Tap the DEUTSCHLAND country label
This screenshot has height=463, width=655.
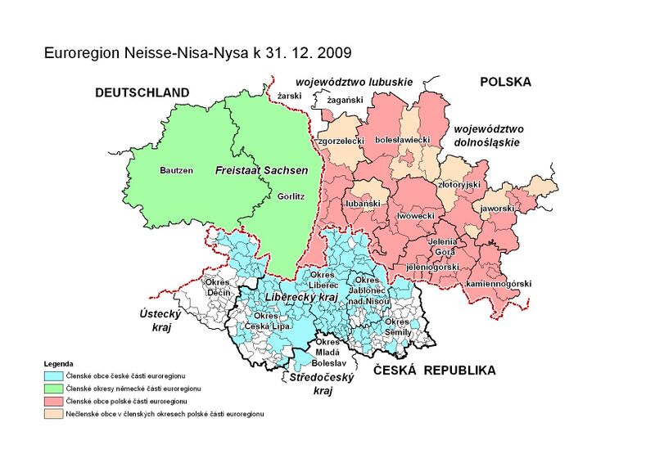[x=142, y=92]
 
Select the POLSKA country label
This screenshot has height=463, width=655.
[x=505, y=82]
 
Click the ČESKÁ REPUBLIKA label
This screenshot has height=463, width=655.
[x=434, y=371]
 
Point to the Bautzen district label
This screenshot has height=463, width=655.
[x=177, y=170]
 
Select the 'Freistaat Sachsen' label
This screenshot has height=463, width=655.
[x=261, y=170]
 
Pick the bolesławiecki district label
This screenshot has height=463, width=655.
[x=402, y=141]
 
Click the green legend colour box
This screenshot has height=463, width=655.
[x=53, y=387]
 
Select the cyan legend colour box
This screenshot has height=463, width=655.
[x=53, y=374]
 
